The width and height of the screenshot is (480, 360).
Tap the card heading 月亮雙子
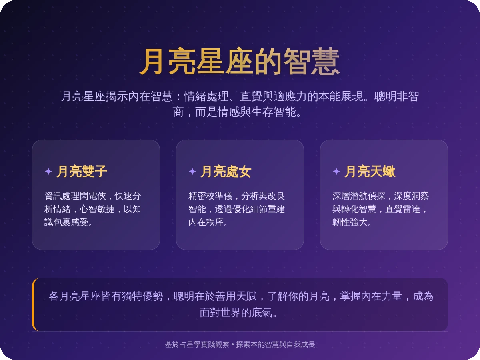(x=82, y=172)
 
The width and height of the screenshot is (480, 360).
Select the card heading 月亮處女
(x=226, y=172)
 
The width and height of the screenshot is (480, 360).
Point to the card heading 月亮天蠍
(x=370, y=172)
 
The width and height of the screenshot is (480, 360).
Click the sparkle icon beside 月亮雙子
(x=48, y=172)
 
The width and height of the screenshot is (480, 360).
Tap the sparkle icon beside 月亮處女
(x=192, y=172)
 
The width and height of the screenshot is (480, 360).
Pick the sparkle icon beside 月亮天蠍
(x=336, y=172)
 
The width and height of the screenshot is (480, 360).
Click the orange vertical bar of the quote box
(x=34, y=304)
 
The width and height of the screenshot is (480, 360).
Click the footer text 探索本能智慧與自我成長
(x=276, y=344)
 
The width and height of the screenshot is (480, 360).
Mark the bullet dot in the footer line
(x=232, y=344)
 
